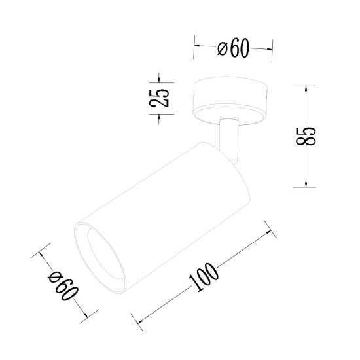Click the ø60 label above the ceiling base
(x=234, y=50)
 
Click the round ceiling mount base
(x=231, y=98)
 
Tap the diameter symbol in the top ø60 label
(x=221, y=49)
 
